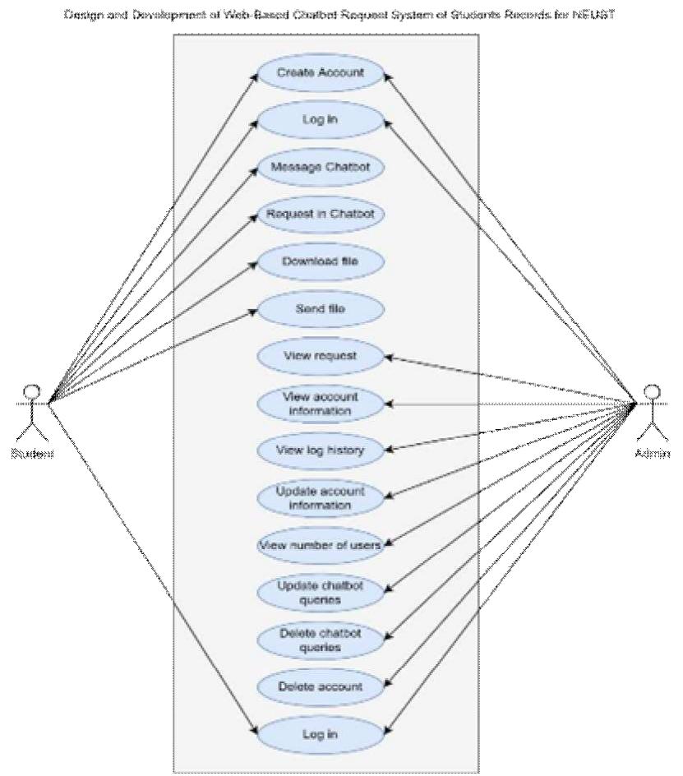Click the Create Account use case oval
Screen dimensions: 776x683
(321, 72)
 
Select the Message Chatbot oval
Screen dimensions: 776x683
(321, 168)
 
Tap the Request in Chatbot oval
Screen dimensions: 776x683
(321, 215)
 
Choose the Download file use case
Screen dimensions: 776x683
(321, 261)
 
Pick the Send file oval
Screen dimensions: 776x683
(321, 310)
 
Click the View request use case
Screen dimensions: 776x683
(321, 357)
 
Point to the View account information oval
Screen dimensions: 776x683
(321, 404)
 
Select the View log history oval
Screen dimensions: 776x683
(321, 450)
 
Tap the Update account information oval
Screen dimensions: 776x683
(321, 498)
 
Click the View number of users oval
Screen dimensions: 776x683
(321, 545)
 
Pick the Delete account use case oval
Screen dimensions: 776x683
(321, 686)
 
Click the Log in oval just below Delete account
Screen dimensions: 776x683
(321, 732)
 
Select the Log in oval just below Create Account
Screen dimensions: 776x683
(321, 120)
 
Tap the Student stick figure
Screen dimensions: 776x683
(32, 408)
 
